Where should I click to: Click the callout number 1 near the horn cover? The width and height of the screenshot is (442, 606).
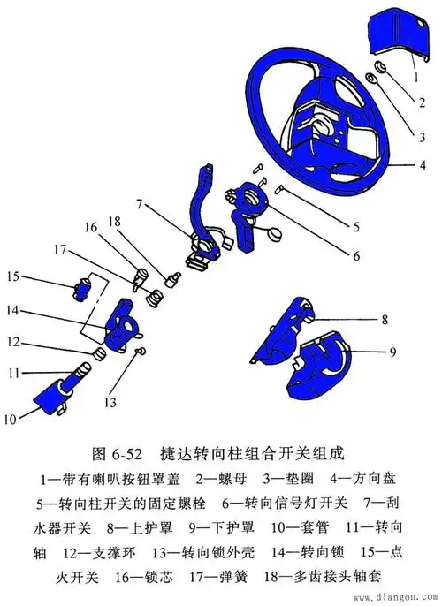pos(413,77)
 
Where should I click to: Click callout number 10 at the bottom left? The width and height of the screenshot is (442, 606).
pos(10,418)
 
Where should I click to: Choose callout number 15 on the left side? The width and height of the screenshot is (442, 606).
pos(12,277)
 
